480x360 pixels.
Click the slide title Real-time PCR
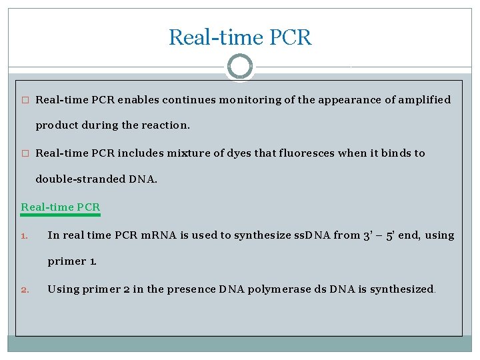(x=239, y=37)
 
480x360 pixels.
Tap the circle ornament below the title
(x=239, y=67)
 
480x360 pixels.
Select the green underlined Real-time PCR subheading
(x=61, y=207)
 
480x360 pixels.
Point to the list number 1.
(x=24, y=235)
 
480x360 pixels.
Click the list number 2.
(x=24, y=289)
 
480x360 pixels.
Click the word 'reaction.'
(x=167, y=125)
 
